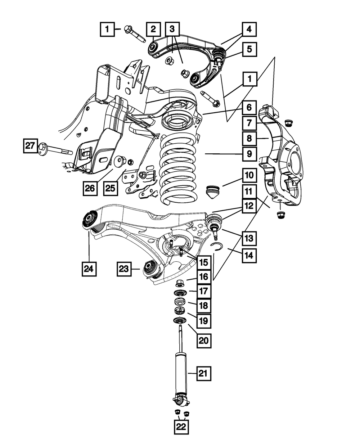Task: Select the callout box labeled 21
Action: (x=203, y=374)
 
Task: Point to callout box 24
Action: (x=89, y=268)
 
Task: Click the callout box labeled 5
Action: (x=249, y=49)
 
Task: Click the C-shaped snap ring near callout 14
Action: (x=216, y=246)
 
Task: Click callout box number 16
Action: (x=203, y=276)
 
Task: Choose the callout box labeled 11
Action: (x=249, y=192)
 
